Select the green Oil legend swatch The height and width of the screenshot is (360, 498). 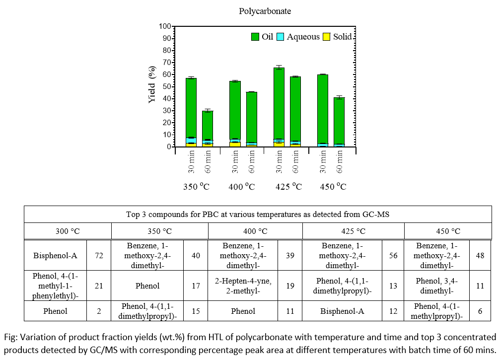255,37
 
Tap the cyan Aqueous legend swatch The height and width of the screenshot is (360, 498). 280,37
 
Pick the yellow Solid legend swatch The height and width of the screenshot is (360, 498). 327,37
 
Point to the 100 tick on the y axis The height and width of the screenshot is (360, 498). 165,26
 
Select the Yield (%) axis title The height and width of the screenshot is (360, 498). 152,86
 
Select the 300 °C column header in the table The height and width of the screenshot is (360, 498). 68,231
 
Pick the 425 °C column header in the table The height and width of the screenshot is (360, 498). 354,231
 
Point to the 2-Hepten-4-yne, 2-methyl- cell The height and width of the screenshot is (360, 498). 243,286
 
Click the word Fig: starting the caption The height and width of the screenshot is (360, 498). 9,336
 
